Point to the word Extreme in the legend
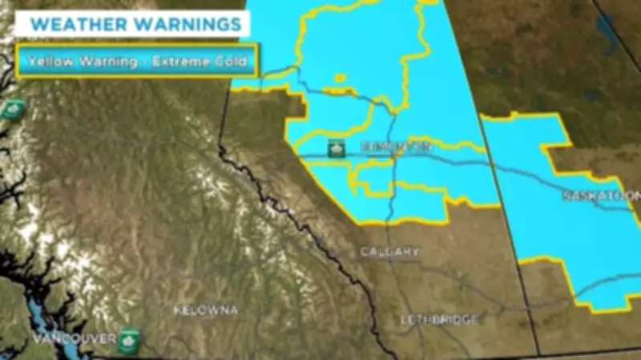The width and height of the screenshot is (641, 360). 180,61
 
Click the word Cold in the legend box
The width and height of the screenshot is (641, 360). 231,61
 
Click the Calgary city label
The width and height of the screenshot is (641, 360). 389,252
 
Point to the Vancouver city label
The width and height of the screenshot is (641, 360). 74,338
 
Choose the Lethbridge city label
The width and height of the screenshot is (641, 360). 439,319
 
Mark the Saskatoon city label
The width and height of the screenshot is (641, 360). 601,196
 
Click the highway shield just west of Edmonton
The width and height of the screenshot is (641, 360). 337,148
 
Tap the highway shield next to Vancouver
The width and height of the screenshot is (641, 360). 128,338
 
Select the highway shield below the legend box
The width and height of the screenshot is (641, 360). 11,109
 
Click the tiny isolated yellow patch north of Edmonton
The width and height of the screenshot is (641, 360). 341,77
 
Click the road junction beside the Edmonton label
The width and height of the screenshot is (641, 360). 393,157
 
